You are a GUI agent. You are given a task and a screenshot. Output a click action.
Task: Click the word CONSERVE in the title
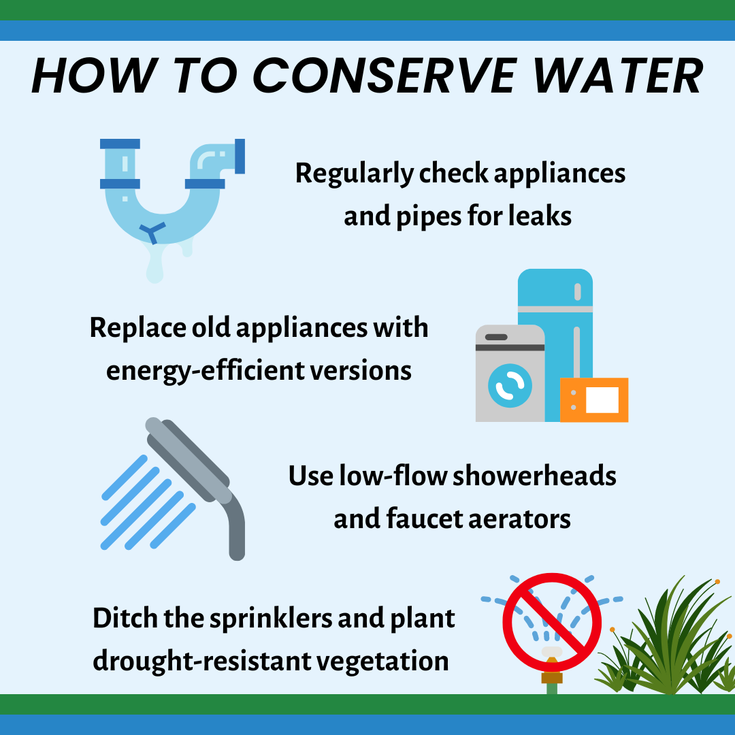click(x=385, y=76)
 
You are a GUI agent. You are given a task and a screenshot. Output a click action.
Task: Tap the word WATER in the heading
click(x=618, y=76)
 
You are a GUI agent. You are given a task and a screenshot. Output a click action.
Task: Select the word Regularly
click(x=355, y=174)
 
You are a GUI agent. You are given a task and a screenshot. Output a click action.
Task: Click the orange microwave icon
click(x=594, y=400)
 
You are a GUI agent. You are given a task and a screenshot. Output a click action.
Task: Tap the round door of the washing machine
click(x=510, y=385)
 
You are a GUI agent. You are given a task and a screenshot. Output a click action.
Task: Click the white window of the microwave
click(x=602, y=400)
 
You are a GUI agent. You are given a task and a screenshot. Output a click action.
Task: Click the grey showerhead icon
click(x=195, y=487)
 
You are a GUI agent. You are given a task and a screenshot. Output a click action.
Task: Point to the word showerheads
click(x=534, y=476)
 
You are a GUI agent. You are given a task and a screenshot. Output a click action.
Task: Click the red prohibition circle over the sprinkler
click(x=552, y=622)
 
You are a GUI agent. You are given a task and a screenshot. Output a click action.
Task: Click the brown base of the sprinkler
click(x=552, y=677)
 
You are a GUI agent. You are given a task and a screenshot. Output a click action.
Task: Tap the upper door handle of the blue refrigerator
click(x=578, y=291)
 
